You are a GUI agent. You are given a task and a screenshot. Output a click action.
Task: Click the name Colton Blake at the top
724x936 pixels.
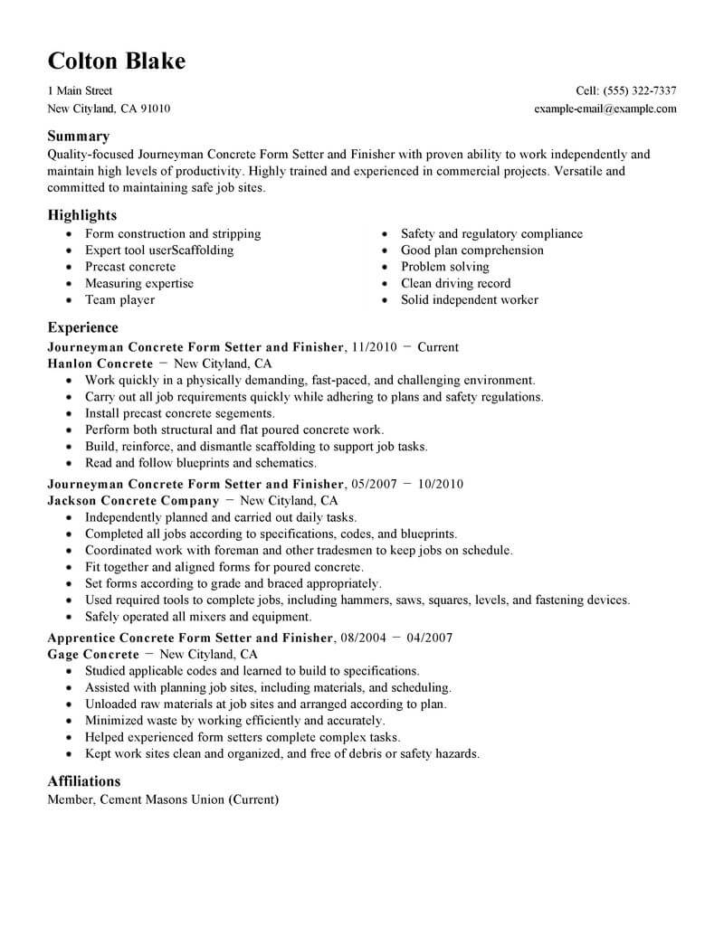click(x=116, y=61)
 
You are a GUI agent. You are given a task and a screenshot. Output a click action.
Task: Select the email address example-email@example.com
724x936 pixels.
click(x=605, y=109)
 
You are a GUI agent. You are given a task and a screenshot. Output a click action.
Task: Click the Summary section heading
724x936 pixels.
click(x=78, y=137)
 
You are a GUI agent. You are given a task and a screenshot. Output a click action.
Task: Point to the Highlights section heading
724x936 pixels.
click(x=82, y=215)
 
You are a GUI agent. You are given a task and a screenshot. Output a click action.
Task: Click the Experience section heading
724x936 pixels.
click(x=82, y=327)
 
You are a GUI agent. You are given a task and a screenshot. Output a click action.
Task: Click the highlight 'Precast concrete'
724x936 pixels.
click(x=129, y=267)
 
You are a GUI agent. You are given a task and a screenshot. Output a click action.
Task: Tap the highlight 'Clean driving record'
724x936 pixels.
click(x=455, y=283)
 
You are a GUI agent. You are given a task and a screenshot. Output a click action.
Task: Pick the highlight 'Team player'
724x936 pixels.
click(x=119, y=299)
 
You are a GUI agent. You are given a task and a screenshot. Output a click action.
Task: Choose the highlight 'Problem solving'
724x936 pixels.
click(x=444, y=267)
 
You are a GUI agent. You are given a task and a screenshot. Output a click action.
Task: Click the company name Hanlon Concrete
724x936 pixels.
click(x=100, y=364)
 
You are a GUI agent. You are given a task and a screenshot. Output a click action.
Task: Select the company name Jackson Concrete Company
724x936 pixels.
click(x=133, y=500)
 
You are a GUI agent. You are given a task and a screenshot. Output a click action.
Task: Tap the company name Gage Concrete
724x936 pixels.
click(x=94, y=654)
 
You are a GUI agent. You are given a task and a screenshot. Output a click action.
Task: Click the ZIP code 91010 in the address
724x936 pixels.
click(x=153, y=109)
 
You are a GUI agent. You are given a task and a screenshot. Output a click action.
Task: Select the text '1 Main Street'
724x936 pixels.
click(x=80, y=91)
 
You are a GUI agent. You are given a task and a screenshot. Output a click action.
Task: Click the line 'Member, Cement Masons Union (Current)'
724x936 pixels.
click(x=163, y=799)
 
